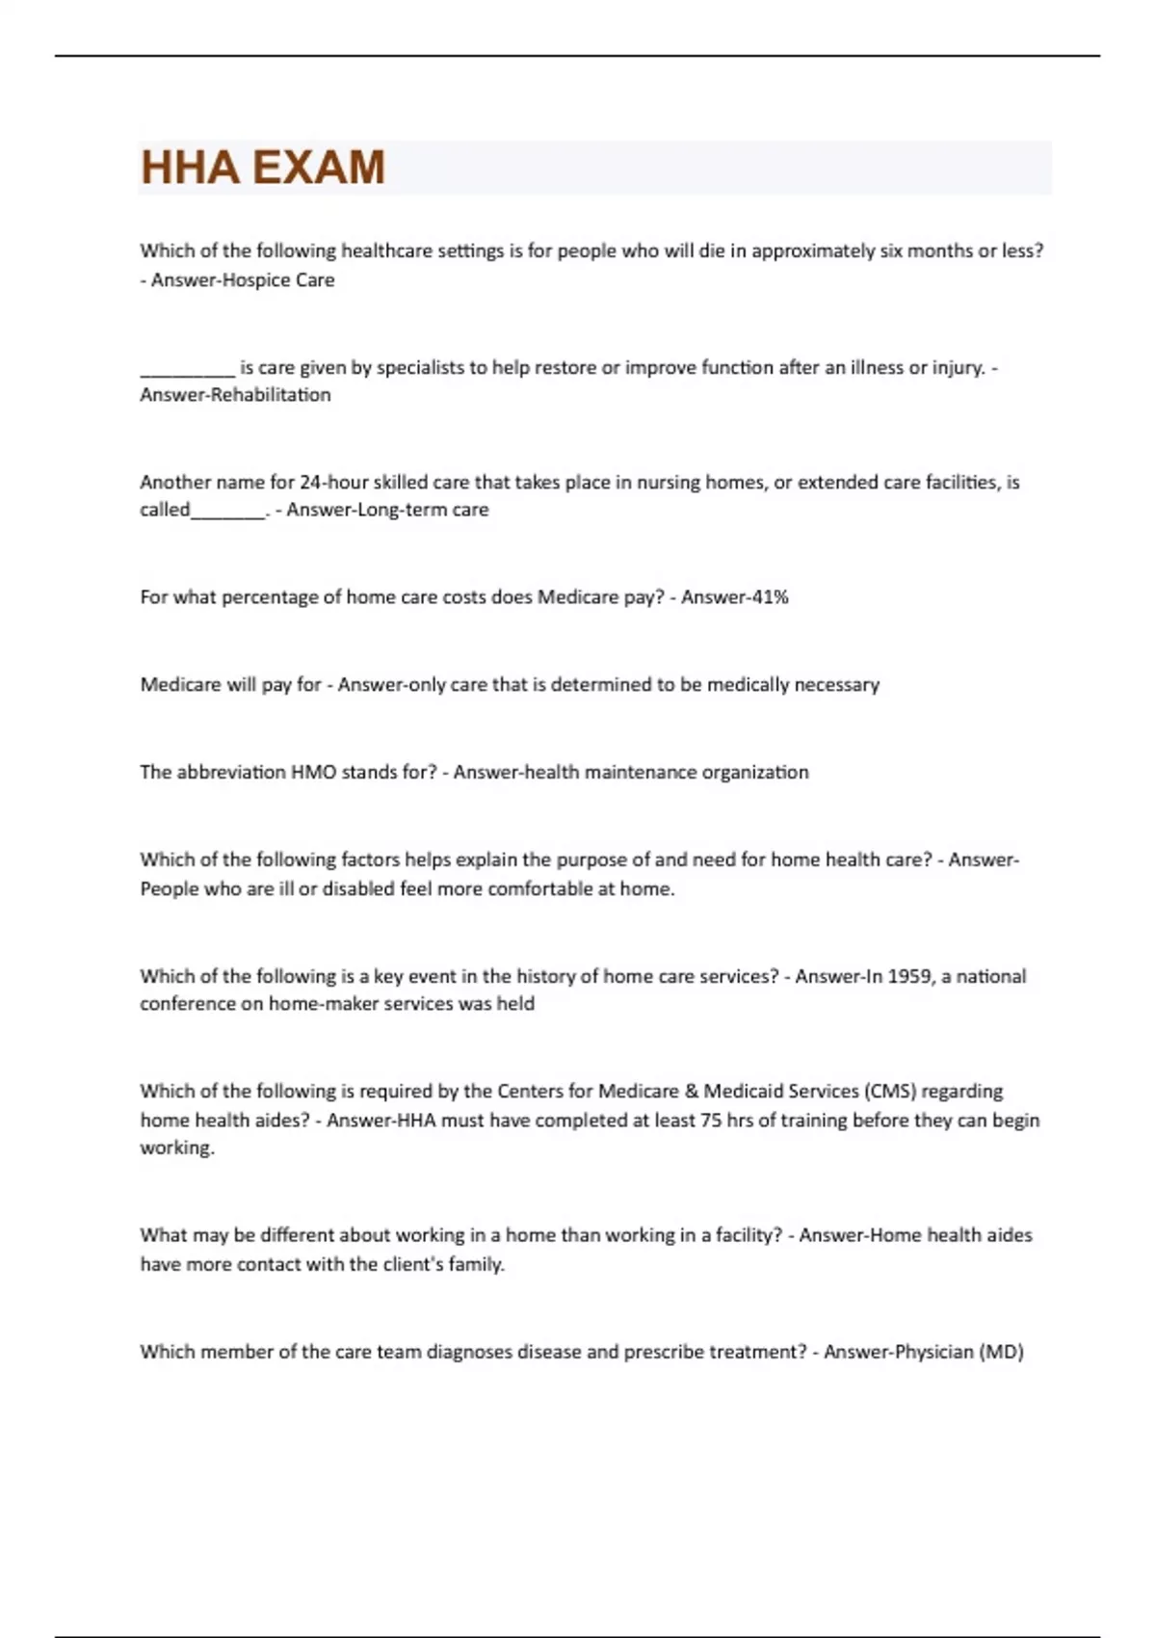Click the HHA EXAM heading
pyautogui.click(x=262, y=168)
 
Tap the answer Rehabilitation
pyautogui.click(x=270, y=395)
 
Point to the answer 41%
pyautogui.click(x=769, y=597)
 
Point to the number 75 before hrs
pyautogui.click(x=711, y=1121)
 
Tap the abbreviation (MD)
pyautogui.click(x=1001, y=1352)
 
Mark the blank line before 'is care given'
pyautogui.click(x=187, y=369)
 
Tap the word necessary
pyautogui.click(x=836, y=685)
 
